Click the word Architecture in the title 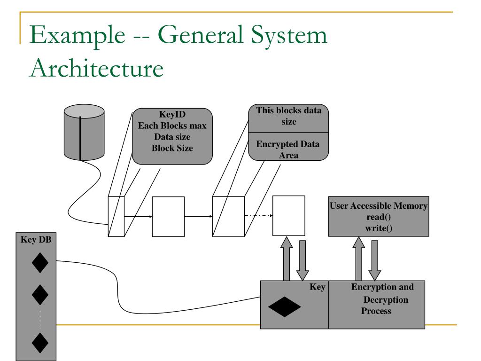coord(97,68)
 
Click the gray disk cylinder coord(84,132)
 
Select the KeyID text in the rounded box coord(172,115)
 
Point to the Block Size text coord(172,148)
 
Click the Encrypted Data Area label coord(288,149)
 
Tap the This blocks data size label coord(289,116)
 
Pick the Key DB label coord(36,239)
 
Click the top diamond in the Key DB coord(40,263)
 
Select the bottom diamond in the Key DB coord(40,343)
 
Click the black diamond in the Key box coord(284,306)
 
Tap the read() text coord(379,217)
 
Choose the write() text coord(379,228)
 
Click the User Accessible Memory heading coord(379,206)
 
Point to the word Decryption coord(386,299)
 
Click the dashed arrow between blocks coord(259,215)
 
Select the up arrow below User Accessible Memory coord(358,259)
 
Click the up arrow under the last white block coord(287,259)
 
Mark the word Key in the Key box coord(317,287)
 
